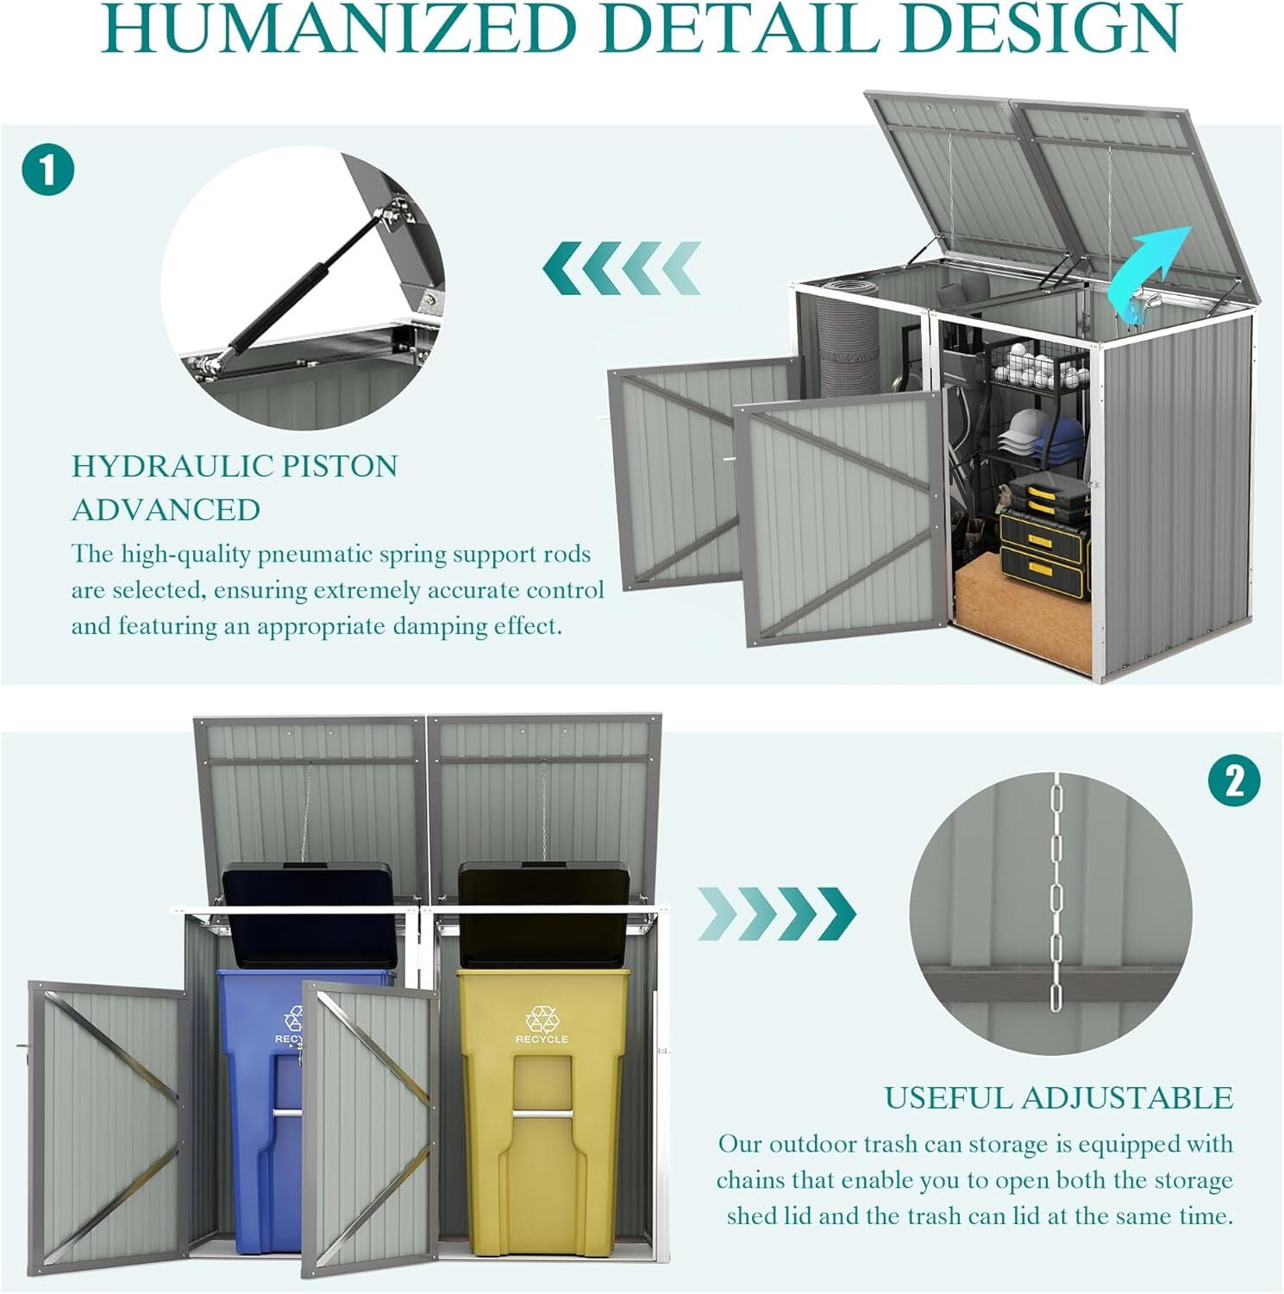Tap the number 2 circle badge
point(1234,782)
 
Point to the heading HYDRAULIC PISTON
point(235,466)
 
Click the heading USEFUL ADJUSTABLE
point(1059,1097)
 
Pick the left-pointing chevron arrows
point(621,268)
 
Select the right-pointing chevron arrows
point(777,914)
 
